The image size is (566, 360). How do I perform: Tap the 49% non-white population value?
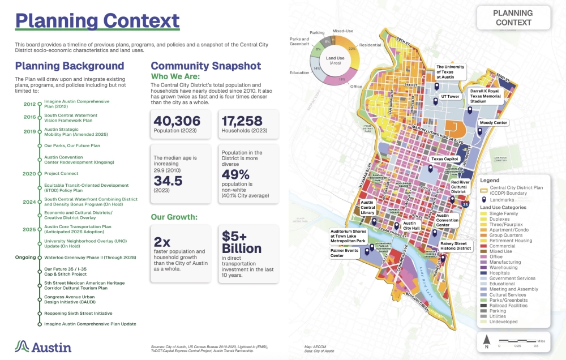pyautogui.click(x=235, y=175)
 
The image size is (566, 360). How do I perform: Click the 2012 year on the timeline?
pyautogui.click(x=29, y=104)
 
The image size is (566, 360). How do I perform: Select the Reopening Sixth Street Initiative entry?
pyautogui.click(x=78, y=313)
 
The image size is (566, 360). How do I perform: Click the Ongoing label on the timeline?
pyautogui.click(x=26, y=256)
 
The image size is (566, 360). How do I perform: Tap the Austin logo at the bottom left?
pyautogui.click(x=43, y=346)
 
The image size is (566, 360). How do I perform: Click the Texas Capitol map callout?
pyautogui.click(x=445, y=159)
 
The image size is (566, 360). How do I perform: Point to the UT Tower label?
pyautogui.click(x=449, y=97)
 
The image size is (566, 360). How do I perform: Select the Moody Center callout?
pyautogui.click(x=494, y=122)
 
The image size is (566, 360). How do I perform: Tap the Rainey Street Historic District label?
pyautogui.click(x=456, y=246)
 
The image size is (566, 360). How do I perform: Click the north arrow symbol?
pyautogui.click(x=486, y=341)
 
